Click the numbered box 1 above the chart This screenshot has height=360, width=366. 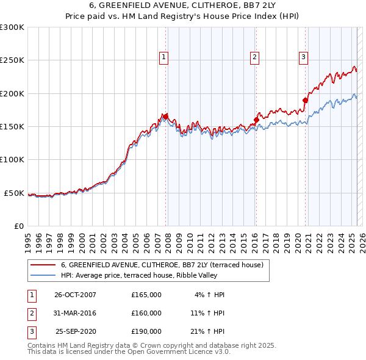164,58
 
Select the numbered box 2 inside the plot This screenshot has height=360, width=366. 254,58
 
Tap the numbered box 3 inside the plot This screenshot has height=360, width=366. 303,58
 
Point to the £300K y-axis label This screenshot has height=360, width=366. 12,27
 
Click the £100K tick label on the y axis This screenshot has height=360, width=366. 12,159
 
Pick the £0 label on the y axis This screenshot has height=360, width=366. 18,226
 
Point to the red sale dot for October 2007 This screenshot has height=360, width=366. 165,116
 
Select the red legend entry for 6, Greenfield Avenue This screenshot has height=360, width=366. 162,265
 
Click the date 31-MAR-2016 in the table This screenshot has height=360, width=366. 75,313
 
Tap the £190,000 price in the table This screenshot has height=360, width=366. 146,332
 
